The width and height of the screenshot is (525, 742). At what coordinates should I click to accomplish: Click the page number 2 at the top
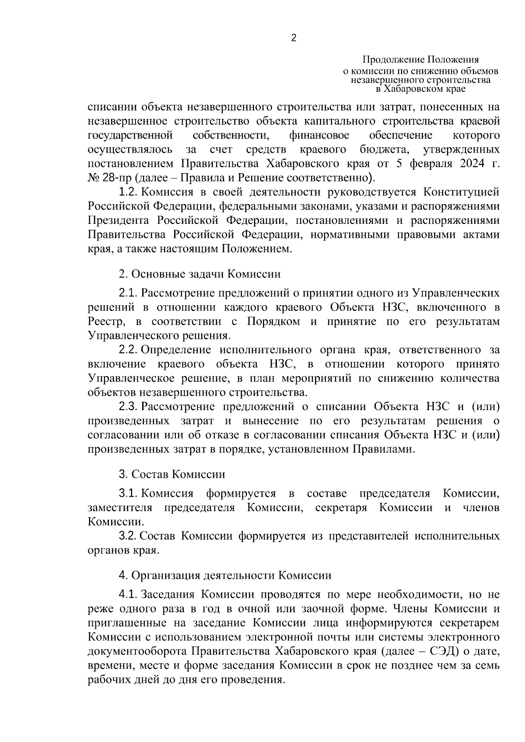pos(294,39)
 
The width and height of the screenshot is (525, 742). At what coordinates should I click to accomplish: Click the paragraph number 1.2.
pos(129,192)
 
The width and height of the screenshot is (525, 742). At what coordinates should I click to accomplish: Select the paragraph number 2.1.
pos(129,293)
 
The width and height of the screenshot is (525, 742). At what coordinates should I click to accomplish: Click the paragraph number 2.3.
pos(129,407)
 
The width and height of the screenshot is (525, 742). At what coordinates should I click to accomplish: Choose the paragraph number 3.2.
pos(129,536)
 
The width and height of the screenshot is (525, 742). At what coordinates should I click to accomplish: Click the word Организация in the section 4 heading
pos(166,575)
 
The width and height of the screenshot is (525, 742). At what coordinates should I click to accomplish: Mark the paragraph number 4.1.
pos(129,595)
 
